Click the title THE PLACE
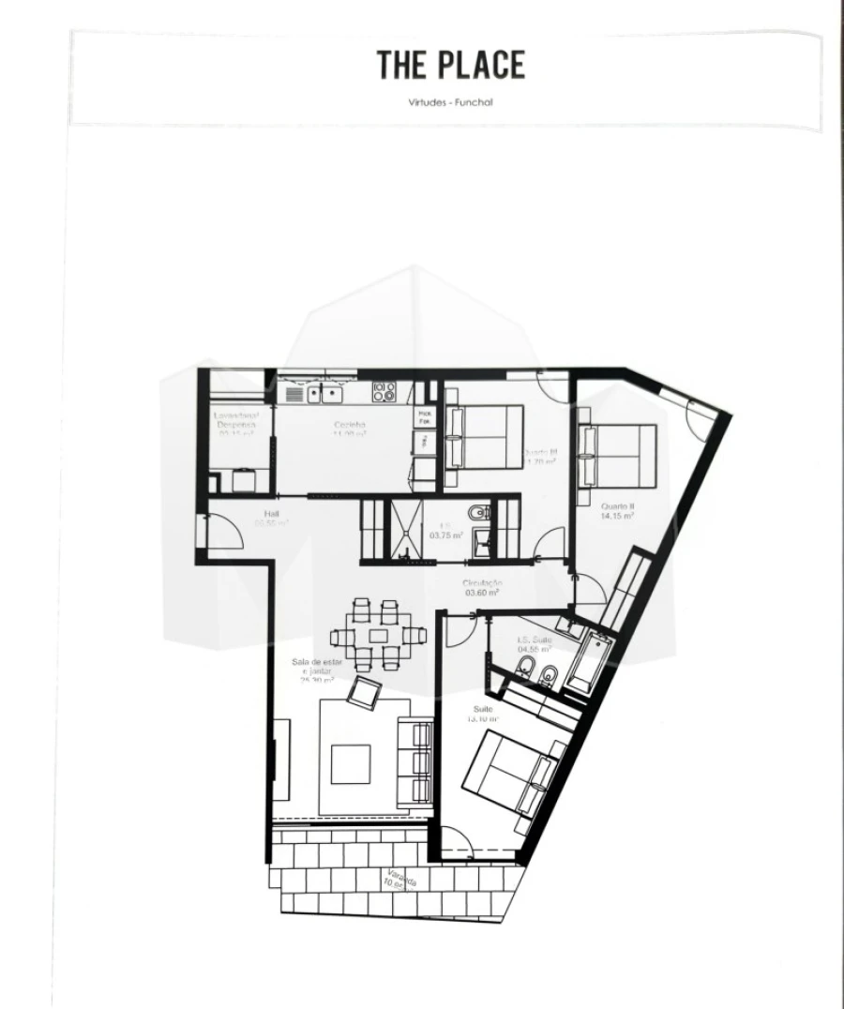(451, 65)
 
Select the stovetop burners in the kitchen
(384, 392)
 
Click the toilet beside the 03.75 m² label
(477, 513)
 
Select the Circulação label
(482, 587)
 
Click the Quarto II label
(618, 510)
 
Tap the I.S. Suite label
(535, 644)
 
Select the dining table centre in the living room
(378, 635)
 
